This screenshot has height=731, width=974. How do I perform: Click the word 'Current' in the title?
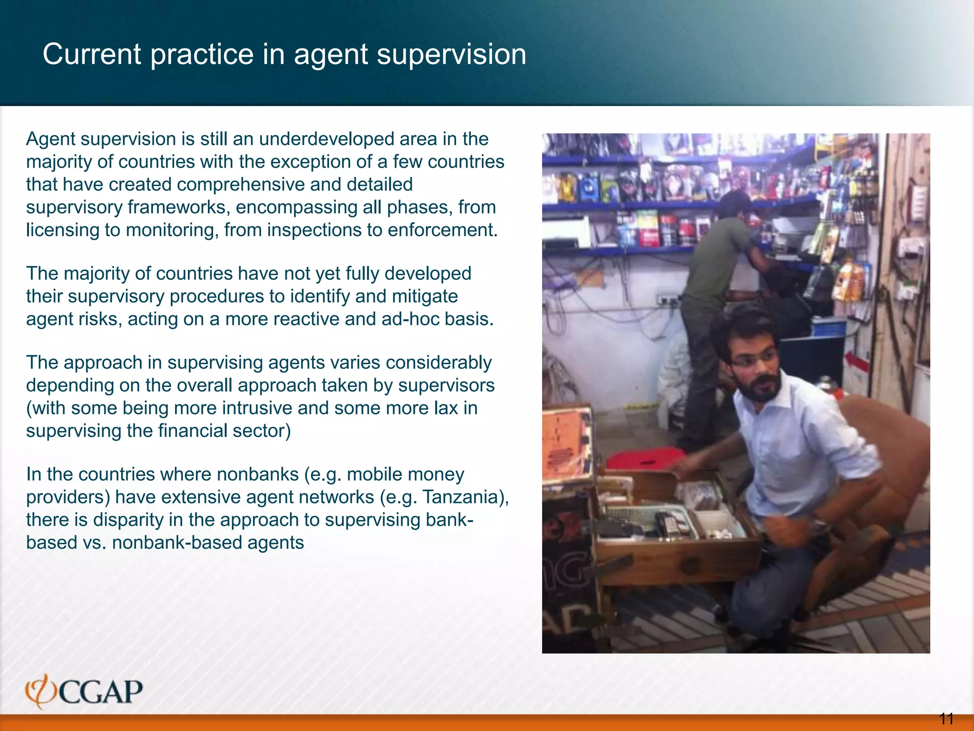(92, 55)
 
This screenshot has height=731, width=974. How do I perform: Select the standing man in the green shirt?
(713, 286)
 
